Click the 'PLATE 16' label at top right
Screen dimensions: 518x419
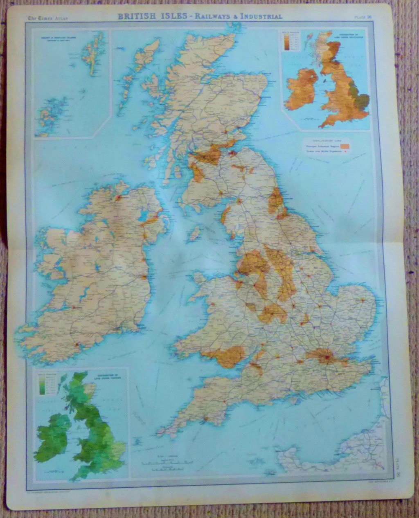[x=363, y=17]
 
